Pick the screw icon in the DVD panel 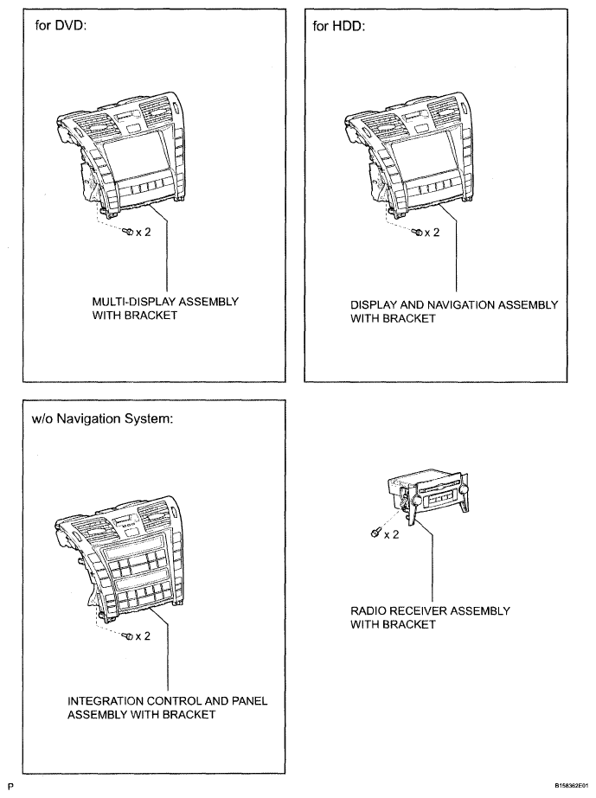click(x=127, y=232)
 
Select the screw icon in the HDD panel click(x=416, y=232)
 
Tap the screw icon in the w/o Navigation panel click(x=127, y=636)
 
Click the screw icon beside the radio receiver click(x=374, y=534)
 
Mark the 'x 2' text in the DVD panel click(x=143, y=233)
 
